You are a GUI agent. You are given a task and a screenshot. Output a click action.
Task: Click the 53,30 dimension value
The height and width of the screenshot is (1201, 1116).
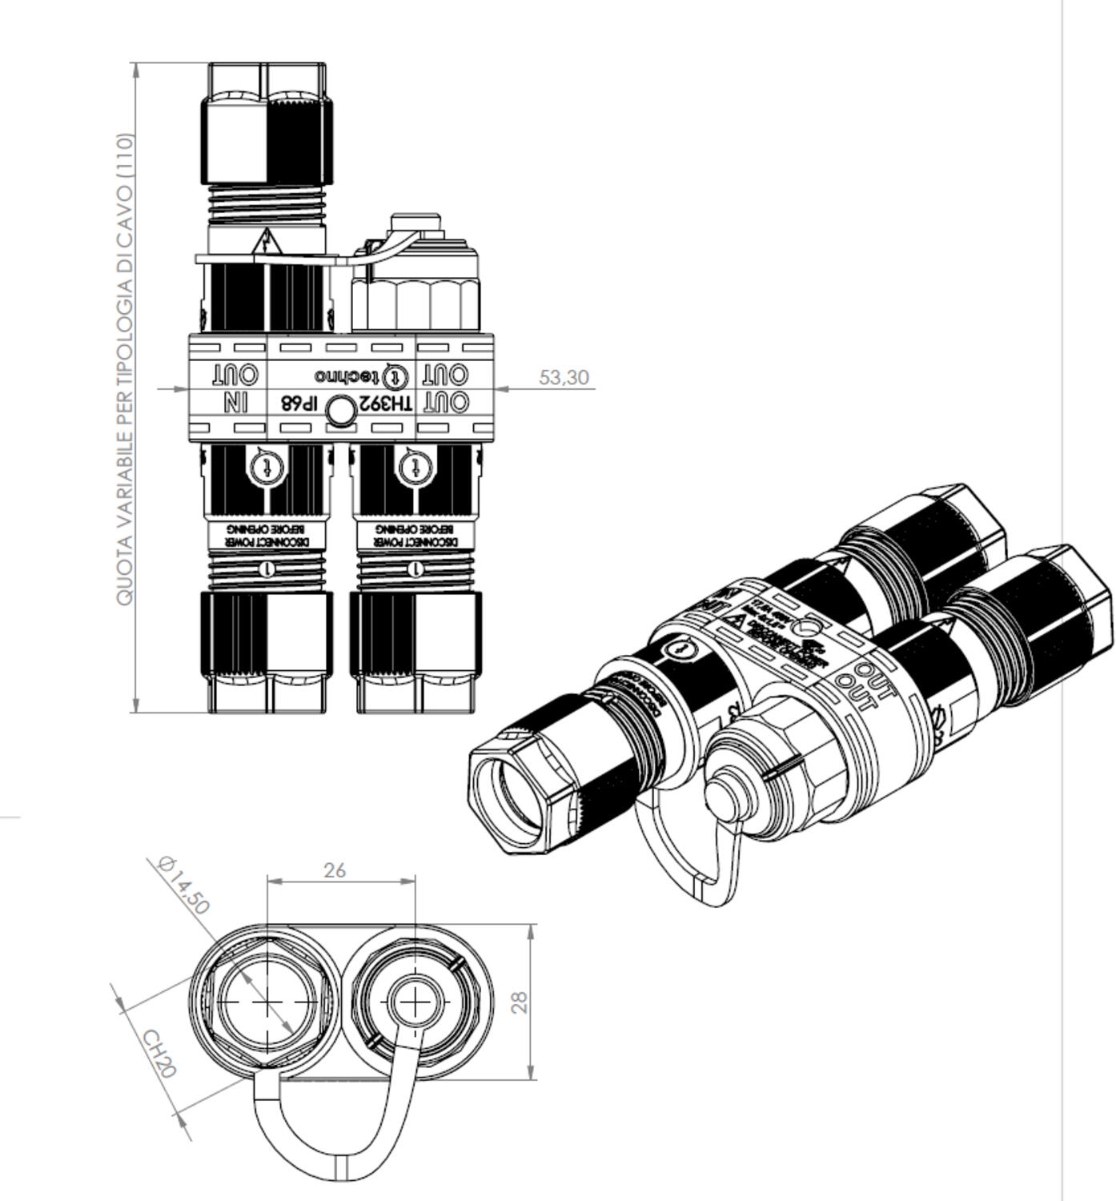(564, 377)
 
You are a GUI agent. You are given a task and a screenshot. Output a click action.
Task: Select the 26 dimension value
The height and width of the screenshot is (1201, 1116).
(335, 870)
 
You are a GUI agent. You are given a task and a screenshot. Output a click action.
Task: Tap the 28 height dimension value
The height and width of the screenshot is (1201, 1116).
(520, 1002)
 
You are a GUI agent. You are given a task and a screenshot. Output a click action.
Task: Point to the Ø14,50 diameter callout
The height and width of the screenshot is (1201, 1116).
(183, 885)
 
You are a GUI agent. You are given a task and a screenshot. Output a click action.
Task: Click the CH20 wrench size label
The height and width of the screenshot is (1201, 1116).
(159, 1053)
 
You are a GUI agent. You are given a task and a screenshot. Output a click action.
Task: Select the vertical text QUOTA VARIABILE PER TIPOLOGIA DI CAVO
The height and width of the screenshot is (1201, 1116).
(126, 368)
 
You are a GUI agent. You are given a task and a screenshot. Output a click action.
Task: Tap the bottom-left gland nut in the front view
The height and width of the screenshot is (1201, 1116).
(267, 633)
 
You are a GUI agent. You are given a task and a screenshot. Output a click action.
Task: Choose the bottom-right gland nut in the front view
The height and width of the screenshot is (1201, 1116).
(416, 633)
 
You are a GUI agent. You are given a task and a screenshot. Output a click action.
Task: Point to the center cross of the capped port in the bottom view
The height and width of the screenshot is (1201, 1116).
(414, 1002)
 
